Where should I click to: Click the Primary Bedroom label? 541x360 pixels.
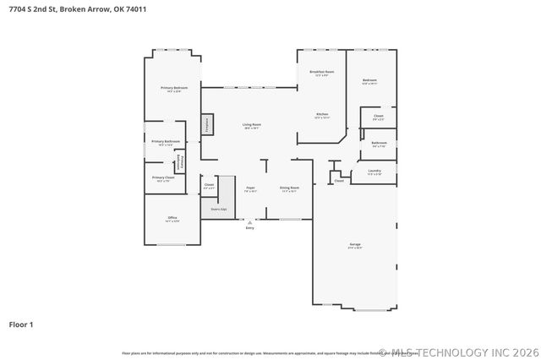point(174,89)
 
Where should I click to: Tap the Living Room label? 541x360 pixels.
point(252,125)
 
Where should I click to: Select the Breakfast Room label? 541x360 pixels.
point(322,74)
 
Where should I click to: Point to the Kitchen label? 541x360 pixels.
point(322,115)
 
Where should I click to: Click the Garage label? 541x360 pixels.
point(355,246)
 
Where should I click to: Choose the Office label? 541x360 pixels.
point(172,219)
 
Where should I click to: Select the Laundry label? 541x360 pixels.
point(374,172)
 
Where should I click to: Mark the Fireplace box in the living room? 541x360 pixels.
point(205,124)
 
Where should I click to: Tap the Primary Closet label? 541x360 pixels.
point(163,178)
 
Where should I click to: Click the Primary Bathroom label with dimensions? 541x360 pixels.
point(166,143)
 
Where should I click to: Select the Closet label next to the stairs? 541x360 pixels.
point(209,185)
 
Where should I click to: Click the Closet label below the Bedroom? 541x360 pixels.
point(378,117)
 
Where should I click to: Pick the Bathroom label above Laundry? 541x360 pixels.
point(379,144)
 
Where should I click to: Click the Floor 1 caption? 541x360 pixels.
point(21,324)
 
